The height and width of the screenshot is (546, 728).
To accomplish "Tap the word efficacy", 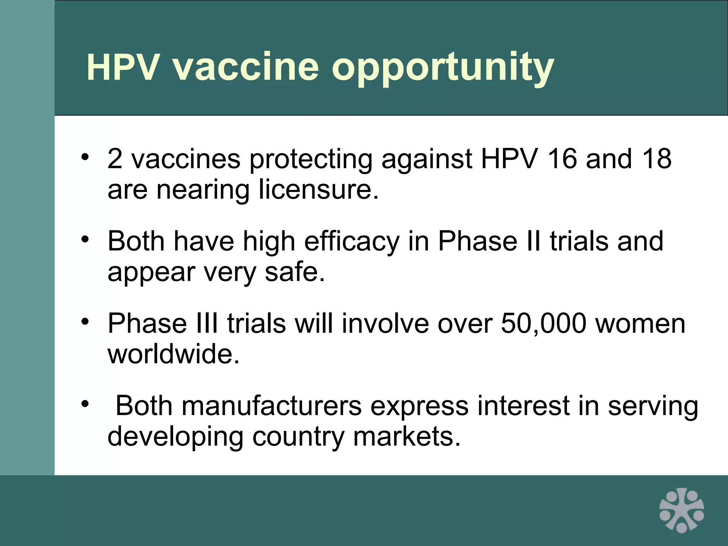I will [x=352, y=242].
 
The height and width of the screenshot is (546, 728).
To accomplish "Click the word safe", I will [x=295, y=272].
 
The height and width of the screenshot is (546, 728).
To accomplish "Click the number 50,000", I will [x=543, y=324].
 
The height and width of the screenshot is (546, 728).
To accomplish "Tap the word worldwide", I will [x=173, y=354].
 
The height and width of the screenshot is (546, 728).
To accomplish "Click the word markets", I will [x=407, y=437].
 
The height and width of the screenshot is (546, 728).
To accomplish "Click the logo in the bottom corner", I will [x=681, y=510].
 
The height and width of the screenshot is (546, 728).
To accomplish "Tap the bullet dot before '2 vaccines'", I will [x=85, y=157].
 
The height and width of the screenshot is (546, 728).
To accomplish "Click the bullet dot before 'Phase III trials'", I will [x=85, y=321].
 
